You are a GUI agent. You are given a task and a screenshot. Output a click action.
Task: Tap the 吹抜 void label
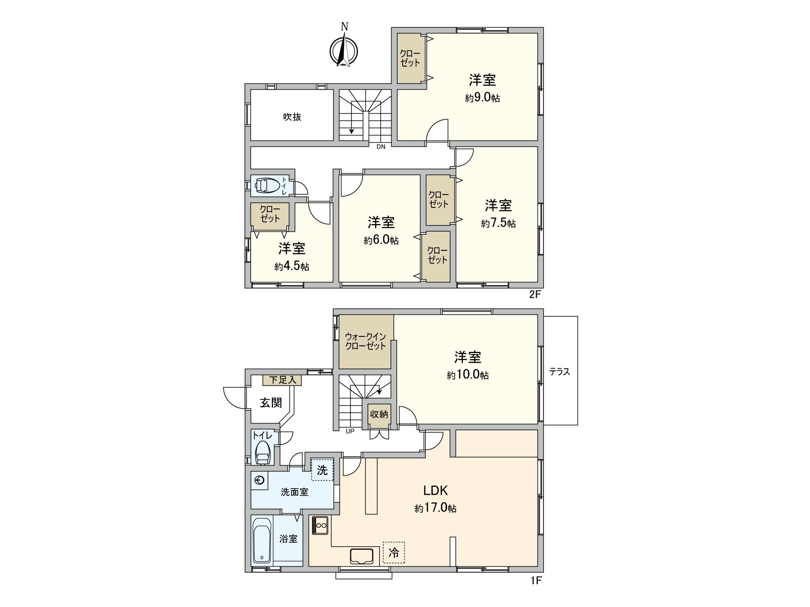click(292, 117)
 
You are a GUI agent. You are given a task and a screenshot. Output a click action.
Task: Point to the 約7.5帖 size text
click(498, 224)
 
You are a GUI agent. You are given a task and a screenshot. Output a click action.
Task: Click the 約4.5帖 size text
click(292, 267)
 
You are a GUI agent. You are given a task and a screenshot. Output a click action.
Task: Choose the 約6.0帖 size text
click(381, 241)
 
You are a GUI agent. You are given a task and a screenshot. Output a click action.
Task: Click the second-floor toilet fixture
click(266, 186)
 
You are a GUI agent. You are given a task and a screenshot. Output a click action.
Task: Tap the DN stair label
click(381, 147)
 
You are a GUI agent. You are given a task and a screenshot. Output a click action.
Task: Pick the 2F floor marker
click(536, 294)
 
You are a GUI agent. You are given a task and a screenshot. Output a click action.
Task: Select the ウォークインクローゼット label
click(366, 342)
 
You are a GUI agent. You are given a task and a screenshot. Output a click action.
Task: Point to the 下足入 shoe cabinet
click(282, 380)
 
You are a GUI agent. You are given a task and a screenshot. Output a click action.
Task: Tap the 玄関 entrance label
click(271, 403)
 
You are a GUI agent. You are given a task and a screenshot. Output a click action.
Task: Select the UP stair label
click(350, 431)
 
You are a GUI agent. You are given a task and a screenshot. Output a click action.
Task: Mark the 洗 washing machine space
click(322, 470)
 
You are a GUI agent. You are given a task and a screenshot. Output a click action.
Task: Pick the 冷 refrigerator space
click(394, 553)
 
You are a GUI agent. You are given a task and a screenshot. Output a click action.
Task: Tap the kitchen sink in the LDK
click(361, 556)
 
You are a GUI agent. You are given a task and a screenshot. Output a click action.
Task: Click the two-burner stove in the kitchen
click(320, 525)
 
